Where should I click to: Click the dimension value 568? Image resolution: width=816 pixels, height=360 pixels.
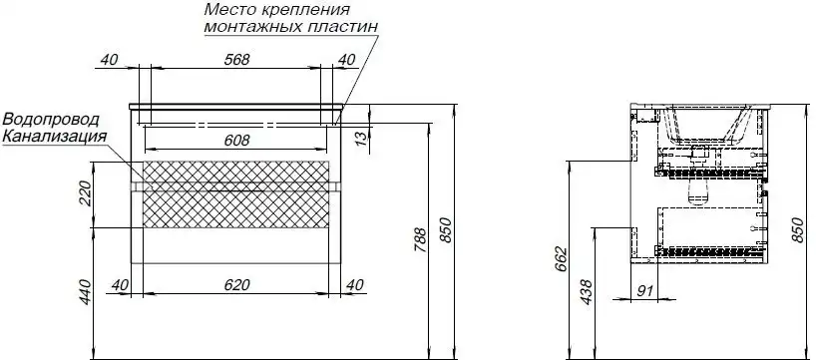[x=235, y=60]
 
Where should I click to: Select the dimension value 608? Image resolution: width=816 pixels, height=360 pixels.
[x=235, y=141]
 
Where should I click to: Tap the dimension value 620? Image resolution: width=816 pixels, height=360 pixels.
[x=235, y=286]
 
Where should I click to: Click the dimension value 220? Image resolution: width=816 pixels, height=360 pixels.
[x=85, y=193]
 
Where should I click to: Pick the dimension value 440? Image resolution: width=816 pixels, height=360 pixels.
[x=85, y=292]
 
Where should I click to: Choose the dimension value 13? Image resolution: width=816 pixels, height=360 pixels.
[x=362, y=136]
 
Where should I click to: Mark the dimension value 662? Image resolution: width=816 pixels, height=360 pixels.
[x=562, y=259]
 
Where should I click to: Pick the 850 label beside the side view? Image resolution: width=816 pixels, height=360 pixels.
[x=797, y=229]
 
